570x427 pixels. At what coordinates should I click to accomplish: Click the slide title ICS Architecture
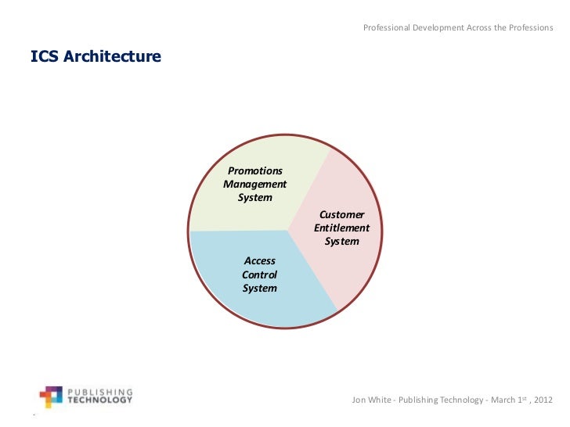pyautogui.click(x=96, y=57)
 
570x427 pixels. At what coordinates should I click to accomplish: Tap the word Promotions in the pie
pyautogui.click(x=255, y=170)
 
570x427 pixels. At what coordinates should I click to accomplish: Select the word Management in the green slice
pyautogui.click(x=255, y=184)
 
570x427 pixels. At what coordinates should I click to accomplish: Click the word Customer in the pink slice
pyautogui.click(x=342, y=214)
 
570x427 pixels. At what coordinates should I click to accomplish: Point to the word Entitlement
pyautogui.click(x=342, y=228)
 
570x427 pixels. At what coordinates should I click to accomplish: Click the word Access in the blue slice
pyautogui.click(x=260, y=260)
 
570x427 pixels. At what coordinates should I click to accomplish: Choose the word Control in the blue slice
pyautogui.click(x=260, y=274)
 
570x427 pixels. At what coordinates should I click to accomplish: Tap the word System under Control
pyautogui.click(x=260, y=288)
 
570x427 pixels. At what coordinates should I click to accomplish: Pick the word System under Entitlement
pyautogui.click(x=342, y=241)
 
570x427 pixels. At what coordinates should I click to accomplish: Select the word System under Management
pyautogui.click(x=255, y=197)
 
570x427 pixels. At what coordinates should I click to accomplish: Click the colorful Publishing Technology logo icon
pyautogui.click(x=51, y=396)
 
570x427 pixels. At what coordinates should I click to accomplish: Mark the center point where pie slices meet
pyautogui.click(x=288, y=230)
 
